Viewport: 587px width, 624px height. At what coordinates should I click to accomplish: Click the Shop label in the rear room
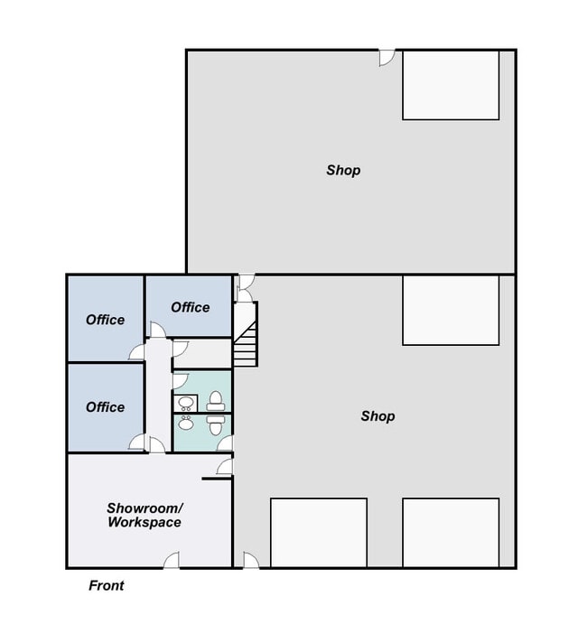point(343,171)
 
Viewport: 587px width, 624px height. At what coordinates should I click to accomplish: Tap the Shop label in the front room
point(377,416)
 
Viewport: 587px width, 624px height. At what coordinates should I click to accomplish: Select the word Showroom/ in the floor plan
point(144,508)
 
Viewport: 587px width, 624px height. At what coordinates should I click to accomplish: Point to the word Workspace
point(144,522)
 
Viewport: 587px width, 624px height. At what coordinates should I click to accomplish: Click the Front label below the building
point(107,585)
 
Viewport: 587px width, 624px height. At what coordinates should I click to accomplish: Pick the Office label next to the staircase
point(191,307)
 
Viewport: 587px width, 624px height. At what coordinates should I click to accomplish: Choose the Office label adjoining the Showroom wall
point(105,407)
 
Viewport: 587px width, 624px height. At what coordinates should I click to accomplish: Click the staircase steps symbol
point(245,345)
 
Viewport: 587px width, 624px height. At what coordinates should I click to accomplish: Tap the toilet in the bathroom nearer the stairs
point(216,401)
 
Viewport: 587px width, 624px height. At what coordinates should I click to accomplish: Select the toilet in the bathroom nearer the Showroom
point(216,425)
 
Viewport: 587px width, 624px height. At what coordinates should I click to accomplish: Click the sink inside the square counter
point(186,403)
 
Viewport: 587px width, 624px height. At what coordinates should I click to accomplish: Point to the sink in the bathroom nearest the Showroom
point(186,423)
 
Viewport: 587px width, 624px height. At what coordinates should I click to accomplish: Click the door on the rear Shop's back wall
point(387,58)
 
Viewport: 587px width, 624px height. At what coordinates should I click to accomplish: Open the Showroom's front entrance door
point(171,560)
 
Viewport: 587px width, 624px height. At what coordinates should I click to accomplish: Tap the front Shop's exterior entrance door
point(251,560)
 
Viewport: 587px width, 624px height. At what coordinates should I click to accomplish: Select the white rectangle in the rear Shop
point(451,85)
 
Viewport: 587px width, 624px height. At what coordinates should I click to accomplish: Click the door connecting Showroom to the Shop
point(225,466)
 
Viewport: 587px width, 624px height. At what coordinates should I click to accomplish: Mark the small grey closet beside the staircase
point(202,354)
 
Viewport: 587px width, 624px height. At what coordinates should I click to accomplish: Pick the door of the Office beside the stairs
point(158,330)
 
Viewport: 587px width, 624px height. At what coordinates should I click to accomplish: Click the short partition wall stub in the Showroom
point(217,479)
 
